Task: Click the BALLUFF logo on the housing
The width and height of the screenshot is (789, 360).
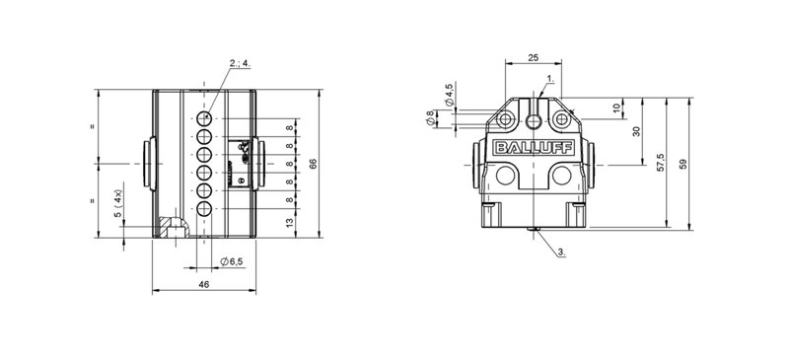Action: point(534,148)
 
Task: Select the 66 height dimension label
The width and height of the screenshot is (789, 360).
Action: point(313,163)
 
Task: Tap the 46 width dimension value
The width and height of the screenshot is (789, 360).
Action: point(203,284)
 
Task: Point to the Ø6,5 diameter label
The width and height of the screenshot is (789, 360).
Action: point(232,260)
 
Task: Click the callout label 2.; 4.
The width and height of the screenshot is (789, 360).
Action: point(240,63)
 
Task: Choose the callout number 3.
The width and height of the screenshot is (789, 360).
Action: point(562,252)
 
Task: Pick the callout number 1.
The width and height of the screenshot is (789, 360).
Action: point(550,79)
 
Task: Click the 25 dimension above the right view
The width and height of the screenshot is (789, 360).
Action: point(534,57)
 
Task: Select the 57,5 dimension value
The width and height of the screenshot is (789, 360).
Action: point(661,163)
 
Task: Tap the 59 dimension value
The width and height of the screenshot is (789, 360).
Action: point(682,164)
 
